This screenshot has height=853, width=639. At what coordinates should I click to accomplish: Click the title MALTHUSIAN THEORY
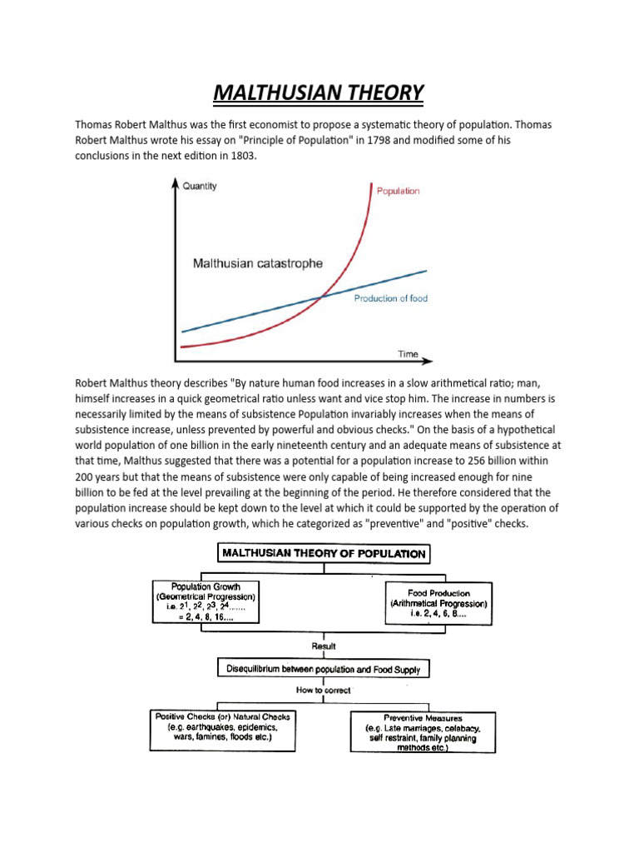point(319,92)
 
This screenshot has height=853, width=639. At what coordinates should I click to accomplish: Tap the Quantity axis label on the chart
point(199,186)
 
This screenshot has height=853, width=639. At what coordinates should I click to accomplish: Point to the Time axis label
point(408,354)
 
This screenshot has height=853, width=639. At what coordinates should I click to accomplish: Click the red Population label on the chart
point(398,191)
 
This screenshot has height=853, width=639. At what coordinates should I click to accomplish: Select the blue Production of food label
point(390,298)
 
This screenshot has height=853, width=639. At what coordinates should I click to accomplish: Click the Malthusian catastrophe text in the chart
point(257,264)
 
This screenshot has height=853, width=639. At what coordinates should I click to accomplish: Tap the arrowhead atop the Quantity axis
point(175,182)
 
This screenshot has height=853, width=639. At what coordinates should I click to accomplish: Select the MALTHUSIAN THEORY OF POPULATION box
point(323,553)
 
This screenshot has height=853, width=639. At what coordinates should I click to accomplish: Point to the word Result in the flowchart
point(324,645)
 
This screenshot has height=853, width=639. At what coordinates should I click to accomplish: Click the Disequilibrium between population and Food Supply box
point(323,668)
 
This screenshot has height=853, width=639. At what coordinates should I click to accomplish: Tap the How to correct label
point(323,691)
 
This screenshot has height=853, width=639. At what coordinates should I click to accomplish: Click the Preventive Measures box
point(423,732)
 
